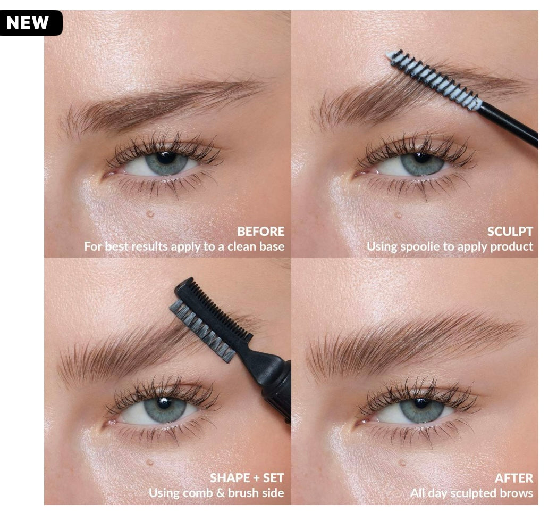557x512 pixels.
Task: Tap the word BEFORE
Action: (x=260, y=232)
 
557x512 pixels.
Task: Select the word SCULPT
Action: (x=510, y=232)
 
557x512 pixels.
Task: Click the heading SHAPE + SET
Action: (x=247, y=477)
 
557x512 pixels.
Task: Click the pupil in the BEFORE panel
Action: (x=166, y=158)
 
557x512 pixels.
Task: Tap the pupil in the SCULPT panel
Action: (x=422, y=158)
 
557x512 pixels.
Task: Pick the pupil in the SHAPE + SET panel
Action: (x=164, y=403)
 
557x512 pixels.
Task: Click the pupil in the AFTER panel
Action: (x=421, y=403)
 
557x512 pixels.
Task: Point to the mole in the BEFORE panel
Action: (x=150, y=214)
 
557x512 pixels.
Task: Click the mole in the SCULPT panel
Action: (x=398, y=215)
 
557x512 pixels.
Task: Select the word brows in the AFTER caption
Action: (x=516, y=493)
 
